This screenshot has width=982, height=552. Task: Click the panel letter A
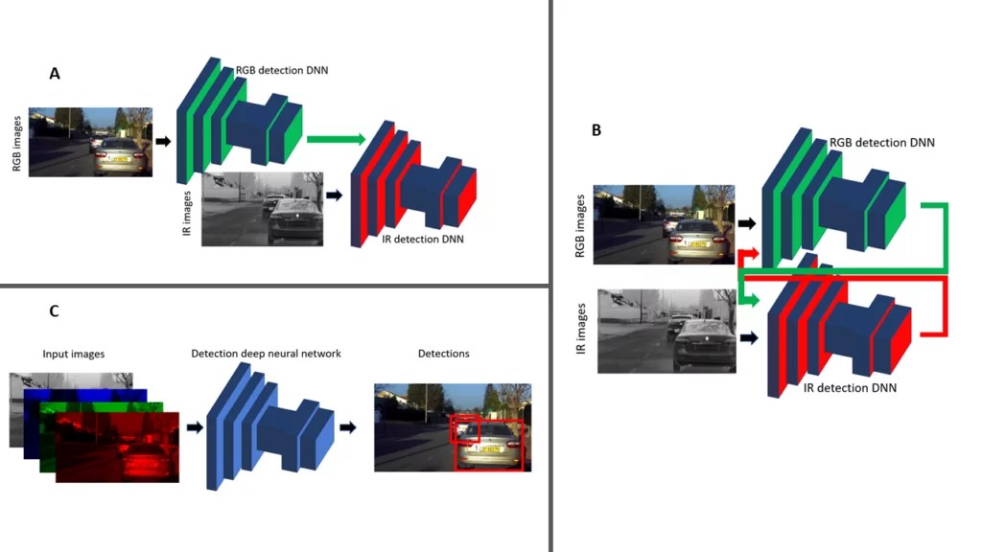coord(55,74)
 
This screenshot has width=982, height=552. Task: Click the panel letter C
coord(54,310)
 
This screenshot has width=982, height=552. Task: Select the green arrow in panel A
coord(336,140)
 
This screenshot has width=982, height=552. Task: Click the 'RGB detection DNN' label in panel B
coord(883,142)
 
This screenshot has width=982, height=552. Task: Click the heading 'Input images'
coord(74,354)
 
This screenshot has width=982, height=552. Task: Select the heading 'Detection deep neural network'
coord(266,354)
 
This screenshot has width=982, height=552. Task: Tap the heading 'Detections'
coord(443,354)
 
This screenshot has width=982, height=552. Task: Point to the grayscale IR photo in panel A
coord(261,209)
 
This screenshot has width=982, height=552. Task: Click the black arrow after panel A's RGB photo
coord(163,141)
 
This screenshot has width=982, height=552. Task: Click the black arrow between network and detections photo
coord(349,426)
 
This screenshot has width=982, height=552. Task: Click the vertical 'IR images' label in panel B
coord(580,332)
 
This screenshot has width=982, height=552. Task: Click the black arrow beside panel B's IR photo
coord(747,337)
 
